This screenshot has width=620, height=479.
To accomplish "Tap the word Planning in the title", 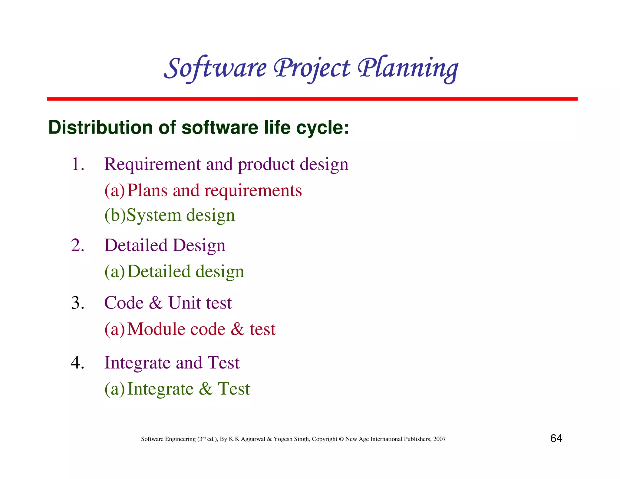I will click(408, 68).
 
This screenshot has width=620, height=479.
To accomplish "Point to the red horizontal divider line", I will click(312, 99).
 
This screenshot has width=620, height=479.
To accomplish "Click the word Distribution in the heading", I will click(100, 127).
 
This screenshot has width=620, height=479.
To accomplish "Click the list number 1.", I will click(77, 164).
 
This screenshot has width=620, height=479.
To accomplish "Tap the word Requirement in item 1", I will click(153, 164).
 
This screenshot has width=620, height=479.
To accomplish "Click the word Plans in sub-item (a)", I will click(147, 190).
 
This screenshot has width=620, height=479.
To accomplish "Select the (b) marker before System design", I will click(115, 215).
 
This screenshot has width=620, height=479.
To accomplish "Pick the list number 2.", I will click(77, 245).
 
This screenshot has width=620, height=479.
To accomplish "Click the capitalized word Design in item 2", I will click(199, 245).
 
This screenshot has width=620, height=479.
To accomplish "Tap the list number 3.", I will click(77, 303).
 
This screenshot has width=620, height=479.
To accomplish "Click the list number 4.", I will click(77, 362).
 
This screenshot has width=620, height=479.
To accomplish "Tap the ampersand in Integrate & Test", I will click(206, 389).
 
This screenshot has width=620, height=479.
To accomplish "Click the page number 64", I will click(556, 438).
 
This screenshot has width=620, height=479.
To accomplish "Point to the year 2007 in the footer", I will click(439, 439).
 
